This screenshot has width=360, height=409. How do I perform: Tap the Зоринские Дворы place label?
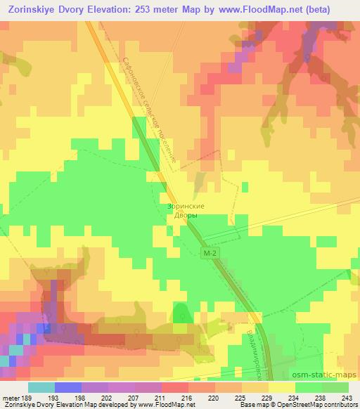(x=186, y=211)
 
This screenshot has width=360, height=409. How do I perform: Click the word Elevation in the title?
(x=115, y=9)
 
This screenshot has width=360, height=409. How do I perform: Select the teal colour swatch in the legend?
(x=41, y=387)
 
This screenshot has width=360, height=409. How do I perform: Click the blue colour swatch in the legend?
(x=68, y=387)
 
